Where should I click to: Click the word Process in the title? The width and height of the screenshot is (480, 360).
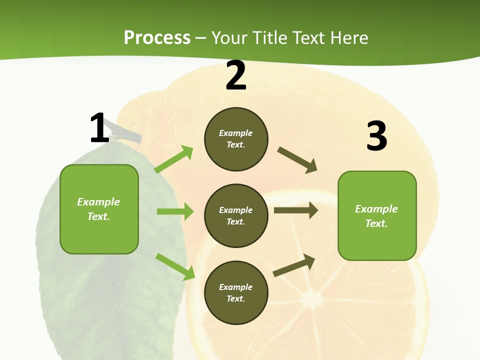[157, 37]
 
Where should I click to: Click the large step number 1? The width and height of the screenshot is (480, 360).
[99, 128]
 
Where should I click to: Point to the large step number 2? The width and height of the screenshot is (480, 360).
[236, 76]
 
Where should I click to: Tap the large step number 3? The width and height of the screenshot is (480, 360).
[376, 136]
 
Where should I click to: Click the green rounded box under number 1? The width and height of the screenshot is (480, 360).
[99, 209]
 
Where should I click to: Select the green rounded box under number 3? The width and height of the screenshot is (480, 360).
[377, 216]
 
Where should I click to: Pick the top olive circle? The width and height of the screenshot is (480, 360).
[236, 139]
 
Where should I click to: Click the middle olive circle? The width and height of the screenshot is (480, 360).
[236, 215]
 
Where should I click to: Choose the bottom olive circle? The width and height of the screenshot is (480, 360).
[236, 292]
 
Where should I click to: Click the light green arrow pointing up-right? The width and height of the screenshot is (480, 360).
[174, 159]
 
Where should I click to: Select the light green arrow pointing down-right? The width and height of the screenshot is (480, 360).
[175, 266]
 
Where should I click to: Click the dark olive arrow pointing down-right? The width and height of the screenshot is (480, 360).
[297, 160]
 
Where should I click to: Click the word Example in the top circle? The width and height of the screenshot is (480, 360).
[236, 133]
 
